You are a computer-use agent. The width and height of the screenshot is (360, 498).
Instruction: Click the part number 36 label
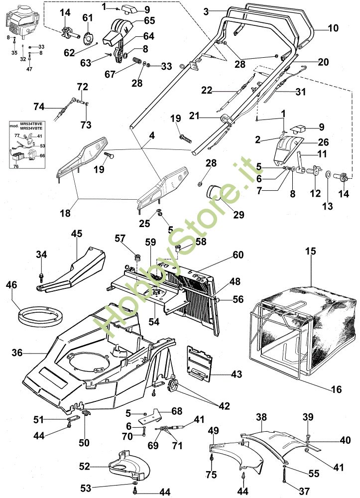(x=16, y=353)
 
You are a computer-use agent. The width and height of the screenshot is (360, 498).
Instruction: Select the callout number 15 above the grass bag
(x=311, y=252)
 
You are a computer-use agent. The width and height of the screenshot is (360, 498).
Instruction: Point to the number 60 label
(x=238, y=255)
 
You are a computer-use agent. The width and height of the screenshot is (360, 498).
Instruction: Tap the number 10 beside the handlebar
(x=333, y=28)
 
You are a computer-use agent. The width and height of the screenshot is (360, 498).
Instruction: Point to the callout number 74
(x=39, y=107)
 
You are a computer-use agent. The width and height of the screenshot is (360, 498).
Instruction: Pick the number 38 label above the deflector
(x=262, y=416)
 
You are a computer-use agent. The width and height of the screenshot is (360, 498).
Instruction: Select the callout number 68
(x=177, y=411)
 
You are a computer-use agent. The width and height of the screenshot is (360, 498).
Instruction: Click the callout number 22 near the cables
(x=206, y=90)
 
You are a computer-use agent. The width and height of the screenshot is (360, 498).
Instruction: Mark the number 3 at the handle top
(x=206, y=10)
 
